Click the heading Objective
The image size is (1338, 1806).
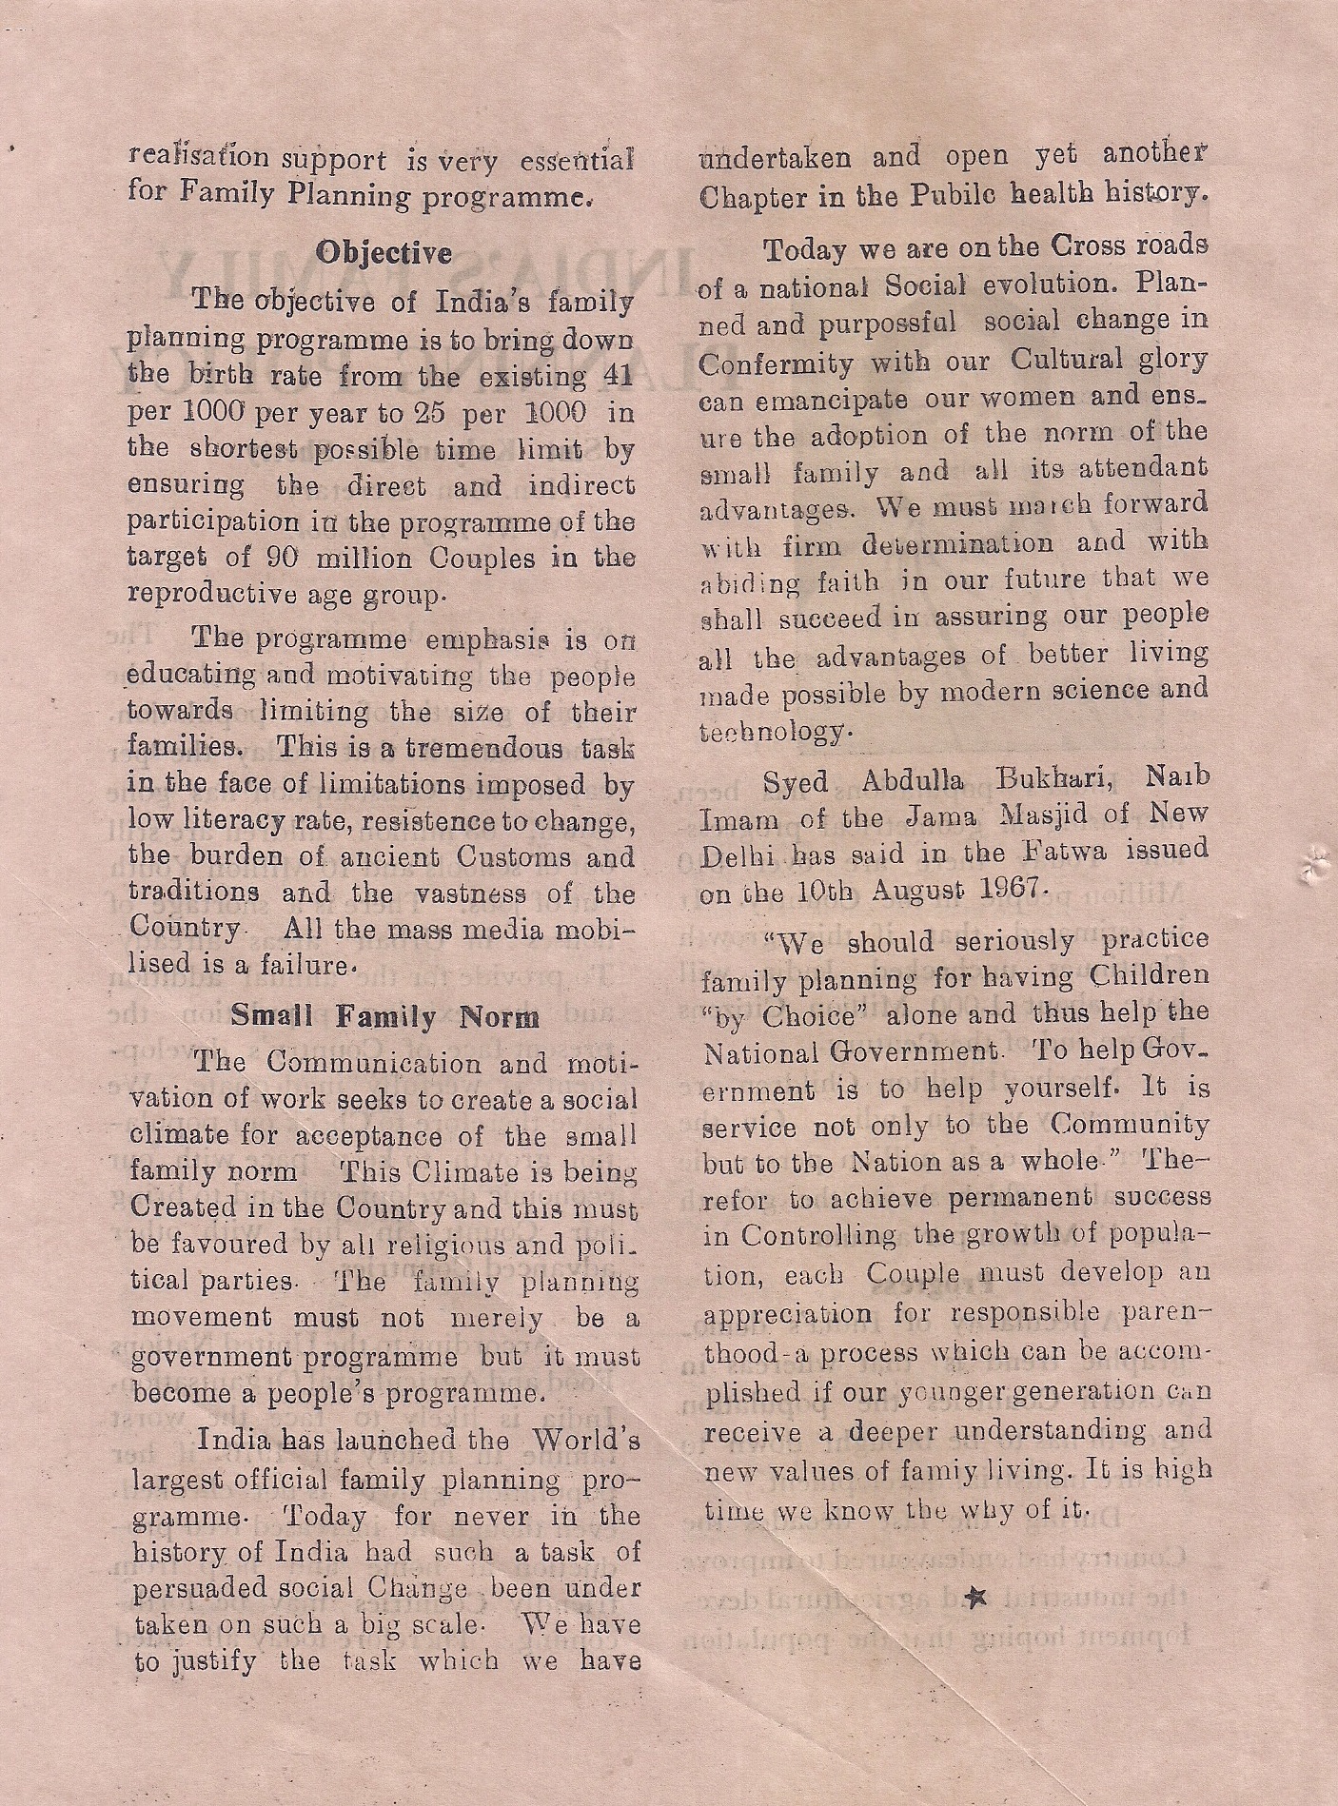click(x=384, y=253)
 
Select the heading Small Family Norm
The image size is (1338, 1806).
click(x=385, y=1016)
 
